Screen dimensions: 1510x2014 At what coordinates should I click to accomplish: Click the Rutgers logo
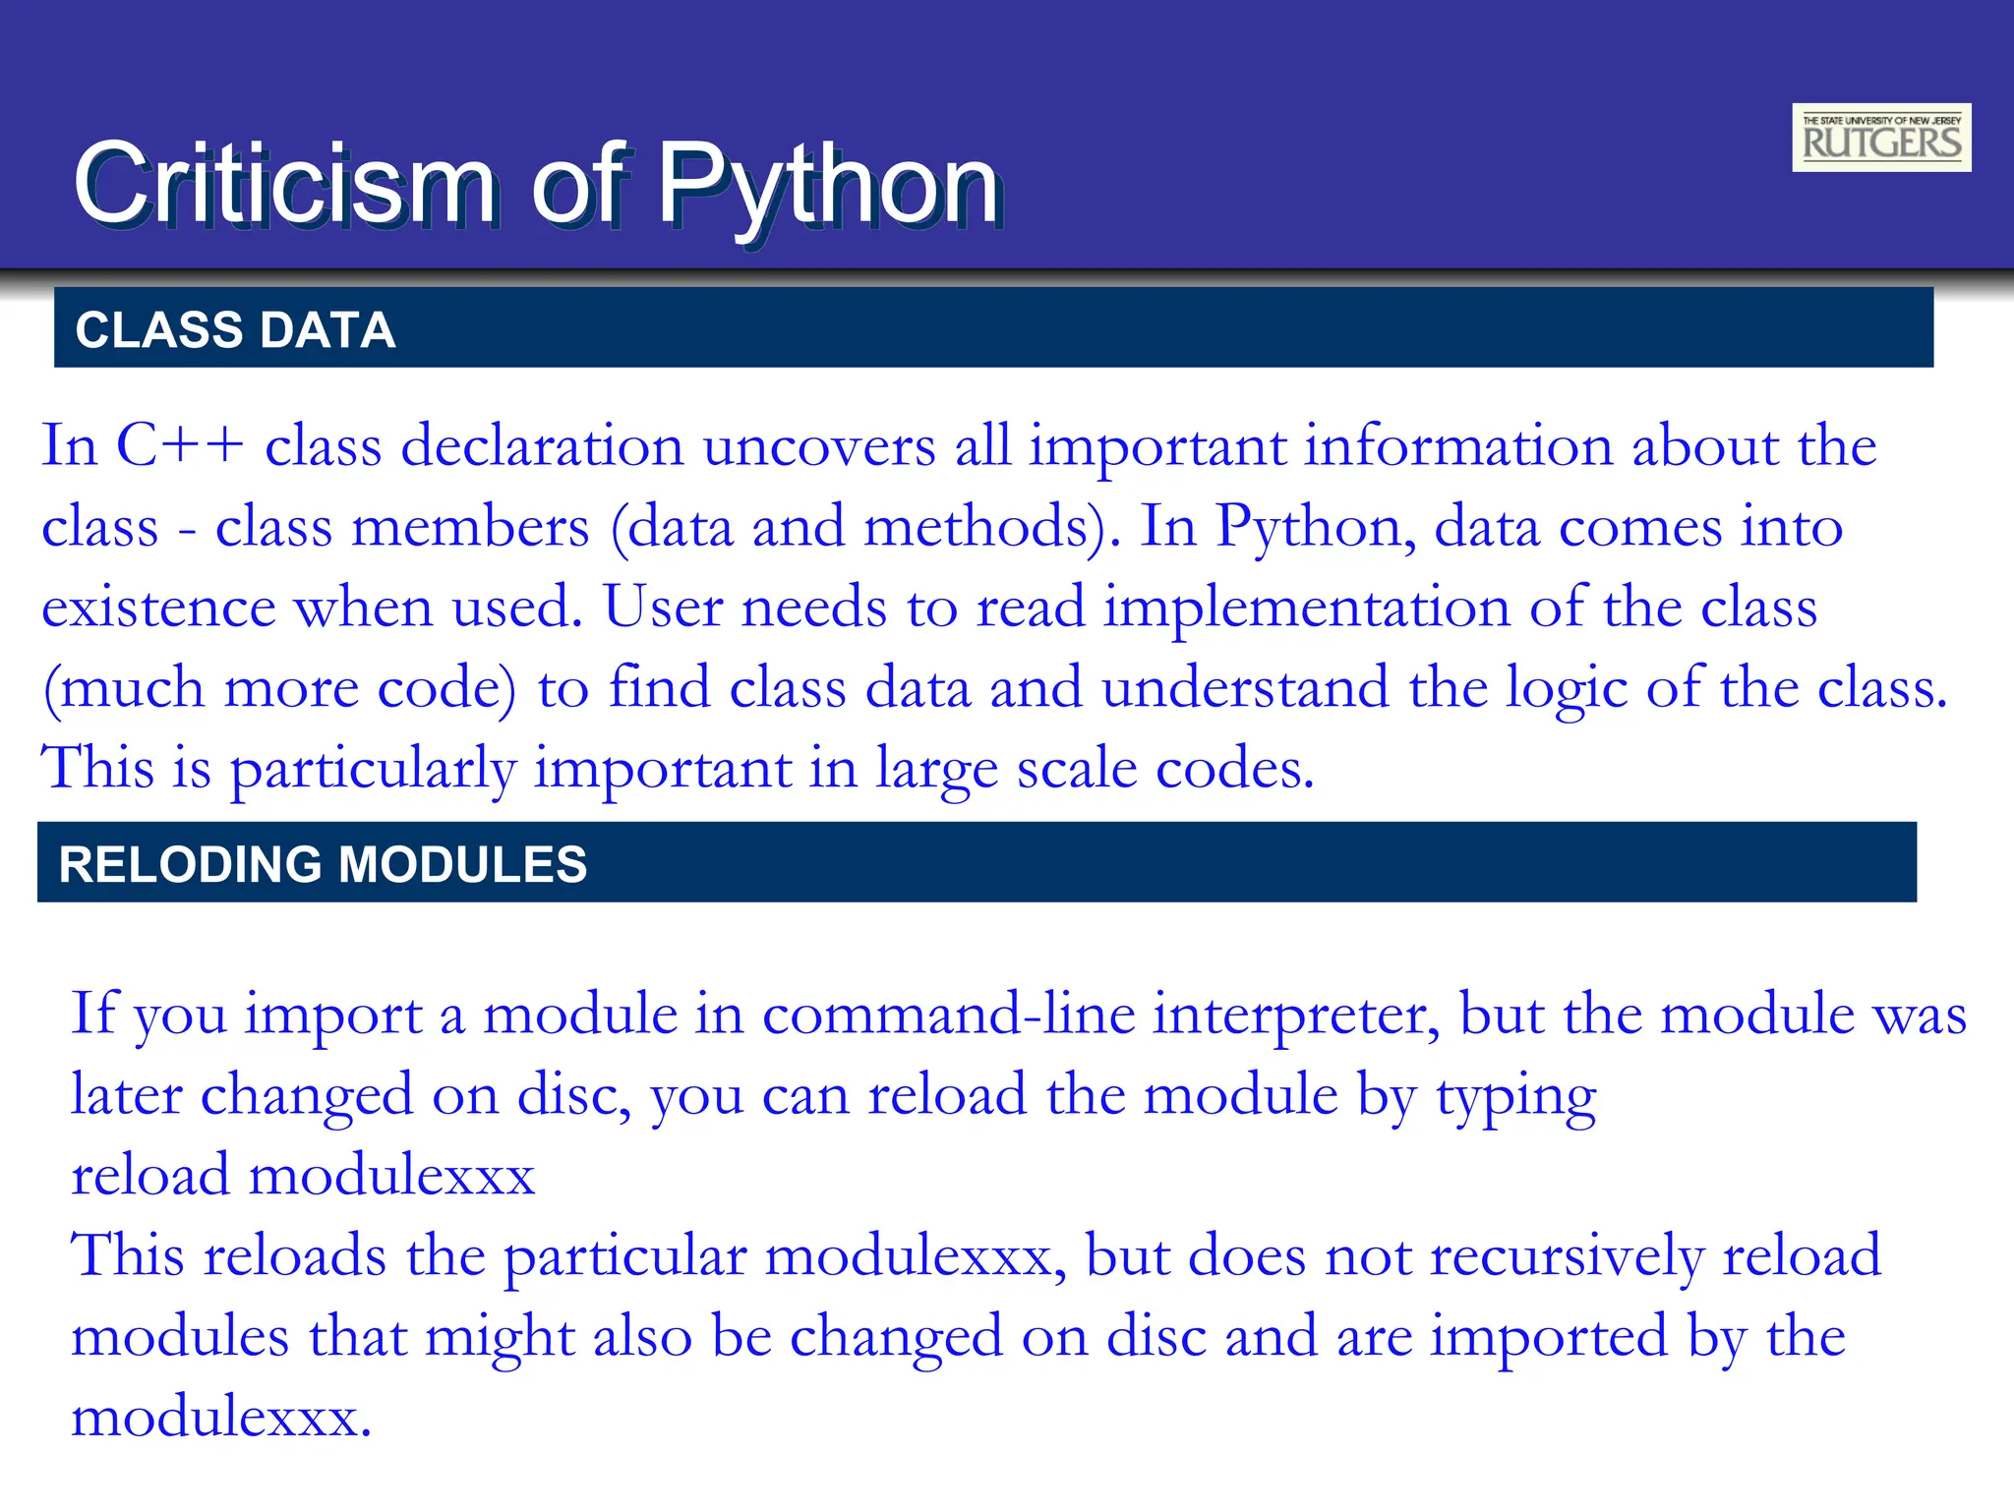tap(1880, 138)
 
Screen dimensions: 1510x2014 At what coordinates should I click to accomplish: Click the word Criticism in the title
tap(285, 184)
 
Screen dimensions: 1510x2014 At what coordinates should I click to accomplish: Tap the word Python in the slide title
tap(829, 184)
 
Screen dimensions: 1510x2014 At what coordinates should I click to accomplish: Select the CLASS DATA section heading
tap(236, 330)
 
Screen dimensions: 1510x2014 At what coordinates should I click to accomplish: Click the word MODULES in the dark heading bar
tap(462, 865)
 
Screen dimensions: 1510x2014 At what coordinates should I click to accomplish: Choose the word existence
tap(158, 607)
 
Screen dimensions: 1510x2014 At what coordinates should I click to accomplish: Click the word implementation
tap(1307, 607)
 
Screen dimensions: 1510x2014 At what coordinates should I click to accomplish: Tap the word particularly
tap(373, 768)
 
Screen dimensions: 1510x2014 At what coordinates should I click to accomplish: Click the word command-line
tap(948, 1014)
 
